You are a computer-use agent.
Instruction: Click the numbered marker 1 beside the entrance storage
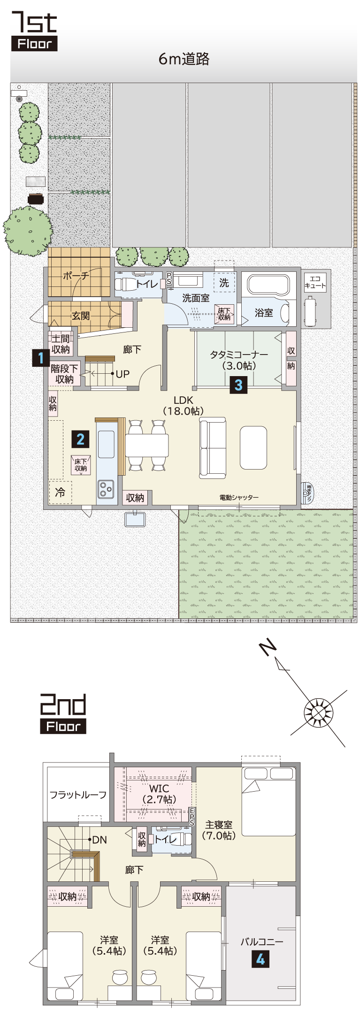(41, 358)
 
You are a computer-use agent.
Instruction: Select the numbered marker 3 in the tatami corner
(238, 385)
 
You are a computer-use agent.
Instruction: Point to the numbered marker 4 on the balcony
(260, 959)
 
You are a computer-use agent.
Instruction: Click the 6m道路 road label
(184, 59)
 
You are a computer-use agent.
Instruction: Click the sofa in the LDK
(213, 448)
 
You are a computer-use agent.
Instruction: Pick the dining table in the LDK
(147, 445)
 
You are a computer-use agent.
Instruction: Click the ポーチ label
(76, 276)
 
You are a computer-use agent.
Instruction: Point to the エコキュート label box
(315, 282)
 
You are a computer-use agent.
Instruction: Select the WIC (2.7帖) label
(159, 794)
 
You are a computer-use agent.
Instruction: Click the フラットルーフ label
(78, 794)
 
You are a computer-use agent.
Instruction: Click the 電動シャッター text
(239, 497)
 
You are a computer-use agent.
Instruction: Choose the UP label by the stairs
(123, 374)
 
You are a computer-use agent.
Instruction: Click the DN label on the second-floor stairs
(100, 840)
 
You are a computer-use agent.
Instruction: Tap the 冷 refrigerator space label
(60, 492)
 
